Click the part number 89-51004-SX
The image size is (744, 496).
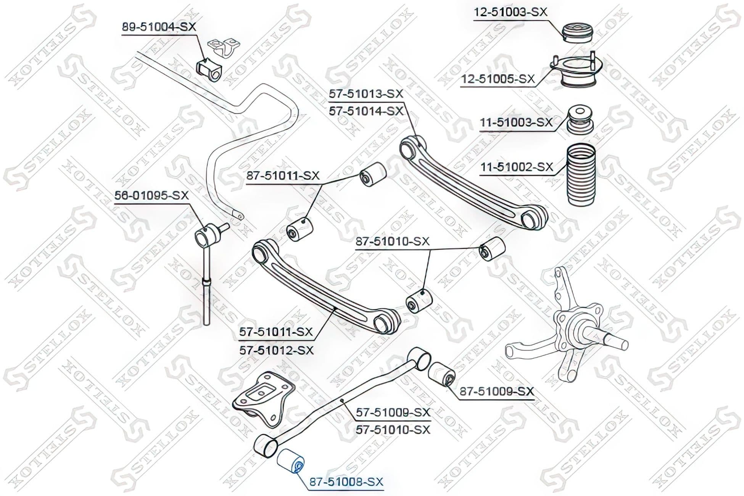pos(159,27)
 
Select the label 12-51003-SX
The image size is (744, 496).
pos(510,12)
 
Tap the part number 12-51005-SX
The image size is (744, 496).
pos(498,79)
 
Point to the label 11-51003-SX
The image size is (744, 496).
pos(516,122)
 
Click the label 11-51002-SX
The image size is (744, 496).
pos(517,167)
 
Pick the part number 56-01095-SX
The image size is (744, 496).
pos(152,195)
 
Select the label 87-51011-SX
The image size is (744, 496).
pos(283,176)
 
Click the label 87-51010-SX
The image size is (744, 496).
pos(393,241)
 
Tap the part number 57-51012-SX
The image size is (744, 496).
pos(277,350)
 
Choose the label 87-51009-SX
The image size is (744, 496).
pos(497,391)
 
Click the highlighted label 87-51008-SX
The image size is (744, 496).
pos(346,482)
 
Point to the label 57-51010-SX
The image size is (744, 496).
pos(393,430)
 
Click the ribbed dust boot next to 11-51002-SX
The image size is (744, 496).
pos(580,174)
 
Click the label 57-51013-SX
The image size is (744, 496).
pos(366,93)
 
